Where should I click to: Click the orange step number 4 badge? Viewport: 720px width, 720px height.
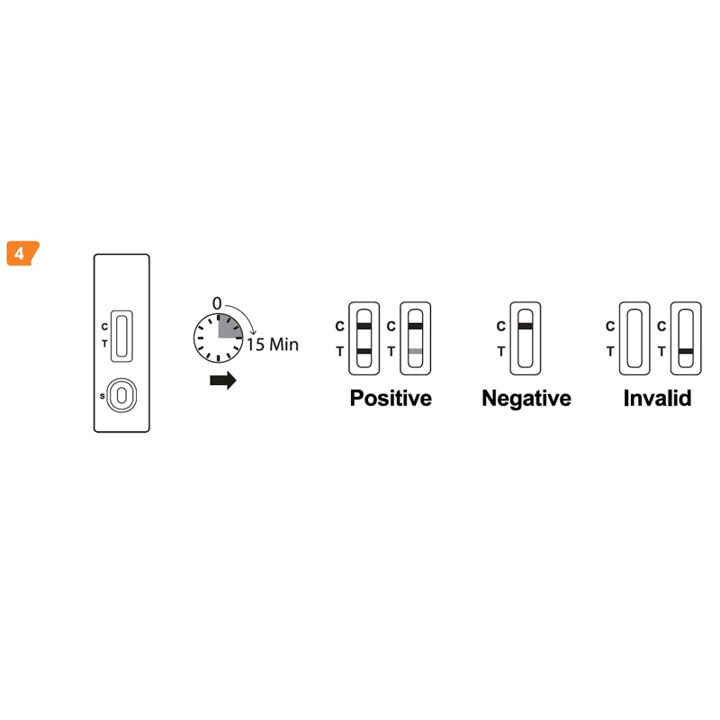22,253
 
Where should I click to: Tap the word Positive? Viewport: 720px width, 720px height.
391,398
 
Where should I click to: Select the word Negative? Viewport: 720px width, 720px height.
526,398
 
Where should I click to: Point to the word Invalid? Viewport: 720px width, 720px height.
657,398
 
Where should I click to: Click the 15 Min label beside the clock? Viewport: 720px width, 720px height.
273,345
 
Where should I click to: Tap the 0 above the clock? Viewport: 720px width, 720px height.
217,303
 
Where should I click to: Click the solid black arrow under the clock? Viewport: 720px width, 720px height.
223,380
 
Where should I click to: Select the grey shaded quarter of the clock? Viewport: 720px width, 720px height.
229,327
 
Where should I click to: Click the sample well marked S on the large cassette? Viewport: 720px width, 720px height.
121,395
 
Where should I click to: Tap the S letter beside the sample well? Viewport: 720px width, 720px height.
103,396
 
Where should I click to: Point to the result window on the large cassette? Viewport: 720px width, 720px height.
121,336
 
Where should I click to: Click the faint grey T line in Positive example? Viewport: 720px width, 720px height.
415,351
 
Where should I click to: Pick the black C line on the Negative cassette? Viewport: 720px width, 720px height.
526,327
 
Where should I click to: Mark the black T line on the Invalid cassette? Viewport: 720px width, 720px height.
686,351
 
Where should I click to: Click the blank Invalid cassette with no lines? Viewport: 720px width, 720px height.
634,338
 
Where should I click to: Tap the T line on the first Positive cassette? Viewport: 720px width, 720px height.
364,351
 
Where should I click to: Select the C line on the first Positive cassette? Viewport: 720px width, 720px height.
364,327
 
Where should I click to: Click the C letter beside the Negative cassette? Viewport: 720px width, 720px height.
501,327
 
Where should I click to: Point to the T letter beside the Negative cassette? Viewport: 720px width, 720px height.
501,352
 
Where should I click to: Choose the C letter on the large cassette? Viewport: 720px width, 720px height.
104,327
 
